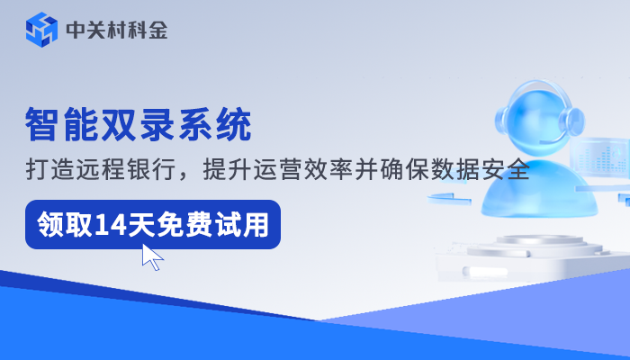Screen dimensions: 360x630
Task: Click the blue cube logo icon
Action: (41, 31)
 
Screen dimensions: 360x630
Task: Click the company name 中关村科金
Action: (116, 31)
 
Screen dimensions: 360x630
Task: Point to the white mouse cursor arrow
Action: (151, 256)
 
